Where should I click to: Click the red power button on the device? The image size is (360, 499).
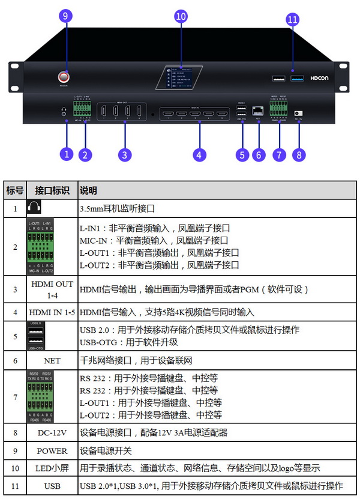click(64, 77)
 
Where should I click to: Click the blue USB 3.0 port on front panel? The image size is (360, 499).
click(296, 78)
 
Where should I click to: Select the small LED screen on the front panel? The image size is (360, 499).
click(180, 77)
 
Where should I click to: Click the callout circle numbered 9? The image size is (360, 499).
click(65, 16)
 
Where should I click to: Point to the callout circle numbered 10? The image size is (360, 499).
click(181, 16)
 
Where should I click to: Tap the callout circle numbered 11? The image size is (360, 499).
click(292, 20)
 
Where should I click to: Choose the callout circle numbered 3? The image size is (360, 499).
click(124, 154)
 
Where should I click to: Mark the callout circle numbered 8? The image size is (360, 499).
click(299, 154)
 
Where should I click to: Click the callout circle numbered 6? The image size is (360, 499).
click(259, 154)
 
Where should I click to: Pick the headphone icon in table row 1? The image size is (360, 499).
click(34, 208)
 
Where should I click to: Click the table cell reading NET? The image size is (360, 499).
click(52, 361)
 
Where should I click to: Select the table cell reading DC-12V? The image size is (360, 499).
click(52, 432)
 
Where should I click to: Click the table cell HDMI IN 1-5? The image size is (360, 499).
click(52, 312)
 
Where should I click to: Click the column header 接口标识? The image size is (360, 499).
click(52, 190)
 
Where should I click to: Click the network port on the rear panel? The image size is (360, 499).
click(258, 110)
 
